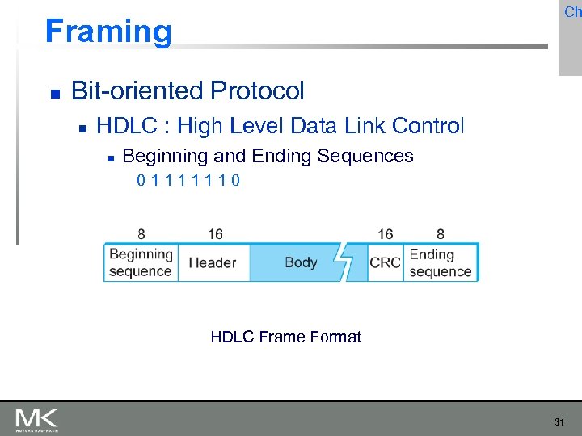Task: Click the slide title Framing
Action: tap(108, 31)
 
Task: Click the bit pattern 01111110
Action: tap(188, 180)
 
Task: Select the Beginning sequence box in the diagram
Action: tap(141, 262)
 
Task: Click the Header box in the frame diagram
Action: tap(213, 262)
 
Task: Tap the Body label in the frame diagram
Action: tap(301, 262)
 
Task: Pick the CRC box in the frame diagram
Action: tap(385, 262)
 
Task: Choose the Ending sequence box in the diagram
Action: tap(441, 262)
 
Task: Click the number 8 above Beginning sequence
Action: tap(141, 234)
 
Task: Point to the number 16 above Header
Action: tap(215, 234)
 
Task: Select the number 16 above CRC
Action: tap(386, 234)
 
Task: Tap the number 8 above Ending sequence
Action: tap(440, 234)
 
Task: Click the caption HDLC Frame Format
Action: tap(285, 337)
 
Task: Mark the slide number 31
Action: tap(559, 421)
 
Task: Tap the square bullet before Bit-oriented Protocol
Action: tap(54, 93)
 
